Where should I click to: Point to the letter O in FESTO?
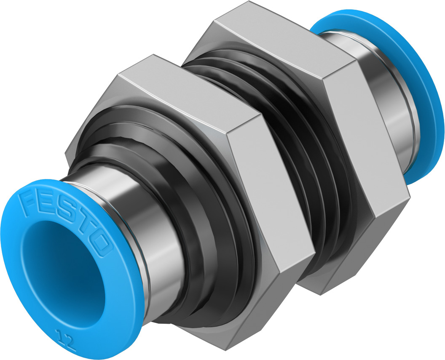tap(100, 243)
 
